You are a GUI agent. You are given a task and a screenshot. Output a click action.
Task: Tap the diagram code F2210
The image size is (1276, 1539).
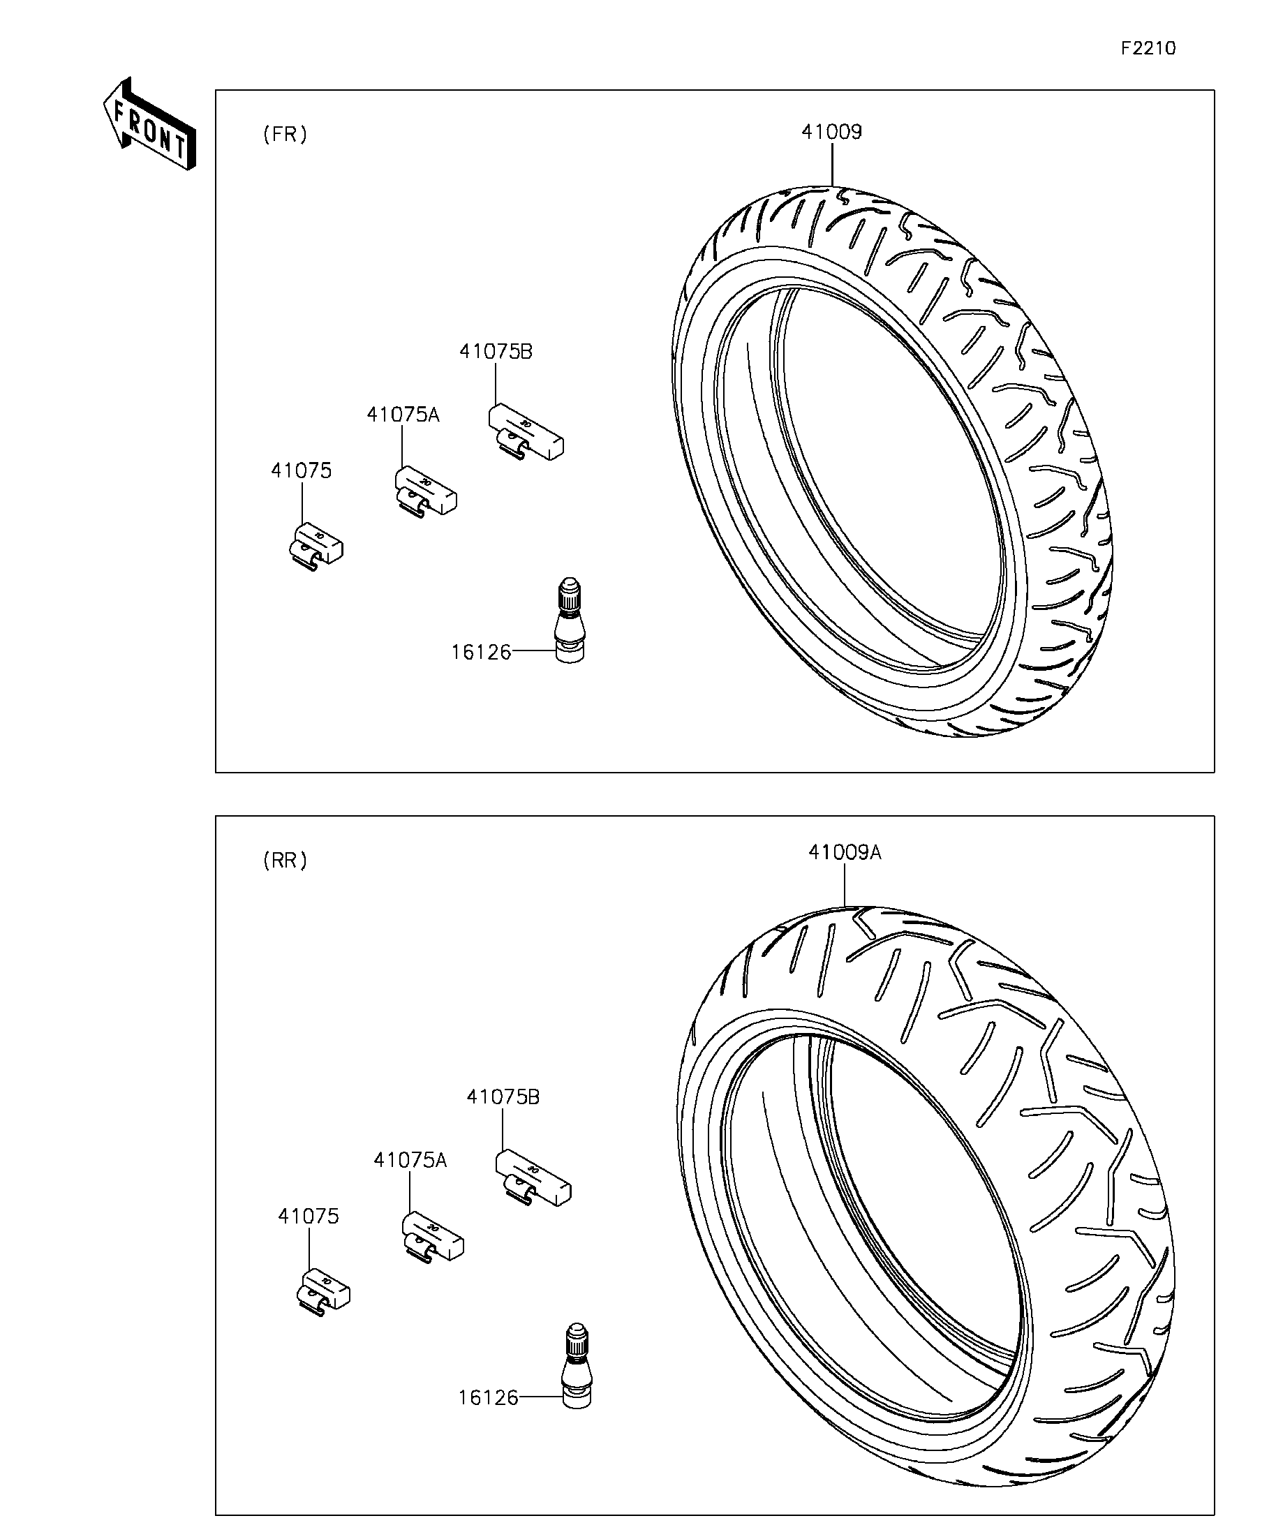(x=1148, y=48)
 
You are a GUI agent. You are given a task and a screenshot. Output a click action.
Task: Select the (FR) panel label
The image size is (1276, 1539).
(x=285, y=134)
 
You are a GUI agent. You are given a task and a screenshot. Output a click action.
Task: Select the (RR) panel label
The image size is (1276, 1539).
(x=285, y=860)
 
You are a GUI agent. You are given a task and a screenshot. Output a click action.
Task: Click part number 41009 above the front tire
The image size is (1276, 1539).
(x=831, y=132)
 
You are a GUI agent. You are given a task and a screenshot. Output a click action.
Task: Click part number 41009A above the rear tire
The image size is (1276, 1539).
(x=845, y=852)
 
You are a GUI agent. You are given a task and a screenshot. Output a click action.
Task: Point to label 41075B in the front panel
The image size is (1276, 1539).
(x=496, y=352)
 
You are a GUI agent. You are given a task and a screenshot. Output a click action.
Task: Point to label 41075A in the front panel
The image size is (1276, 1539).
(x=402, y=415)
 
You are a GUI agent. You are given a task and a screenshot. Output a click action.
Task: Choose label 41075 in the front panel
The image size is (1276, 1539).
(x=302, y=470)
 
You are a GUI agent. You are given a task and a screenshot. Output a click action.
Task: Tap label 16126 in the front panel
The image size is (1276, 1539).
(x=481, y=652)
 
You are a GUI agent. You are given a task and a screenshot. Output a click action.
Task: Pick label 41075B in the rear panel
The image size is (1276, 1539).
(x=503, y=1097)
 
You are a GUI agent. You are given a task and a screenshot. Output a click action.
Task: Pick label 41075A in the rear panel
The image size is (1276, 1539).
(x=410, y=1160)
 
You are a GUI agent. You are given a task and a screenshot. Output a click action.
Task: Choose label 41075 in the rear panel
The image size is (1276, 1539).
(x=309, y=1217)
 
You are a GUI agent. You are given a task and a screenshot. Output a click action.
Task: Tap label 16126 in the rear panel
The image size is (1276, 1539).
(x=488, y=1397)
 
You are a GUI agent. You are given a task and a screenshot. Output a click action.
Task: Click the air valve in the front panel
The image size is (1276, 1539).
(x=570, y=620)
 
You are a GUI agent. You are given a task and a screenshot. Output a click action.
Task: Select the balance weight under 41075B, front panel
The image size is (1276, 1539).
(x=526, y=433)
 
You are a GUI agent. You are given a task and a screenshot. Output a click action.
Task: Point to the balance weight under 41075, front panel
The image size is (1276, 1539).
(x=315, y=545)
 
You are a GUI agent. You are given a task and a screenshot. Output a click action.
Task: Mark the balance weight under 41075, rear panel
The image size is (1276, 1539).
(x=322, y=1291)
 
